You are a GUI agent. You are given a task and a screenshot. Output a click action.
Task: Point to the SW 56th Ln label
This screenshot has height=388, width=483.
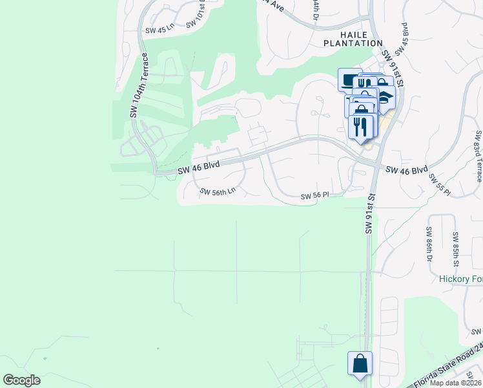coord(218,191)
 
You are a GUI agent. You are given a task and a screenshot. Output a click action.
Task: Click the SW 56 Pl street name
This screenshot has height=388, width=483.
coord(315,196)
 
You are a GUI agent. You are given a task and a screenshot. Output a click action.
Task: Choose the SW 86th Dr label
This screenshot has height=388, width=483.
coord(429,244)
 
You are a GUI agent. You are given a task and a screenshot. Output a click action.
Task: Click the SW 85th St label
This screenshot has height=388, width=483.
coord(455,249)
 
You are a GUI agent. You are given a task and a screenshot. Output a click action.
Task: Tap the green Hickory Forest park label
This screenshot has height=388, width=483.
coord(460,279)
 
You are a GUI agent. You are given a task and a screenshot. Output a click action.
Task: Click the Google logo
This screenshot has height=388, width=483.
coord(21,380)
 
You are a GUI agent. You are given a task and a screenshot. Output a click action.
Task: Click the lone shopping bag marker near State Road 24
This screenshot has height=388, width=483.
coord(360,363)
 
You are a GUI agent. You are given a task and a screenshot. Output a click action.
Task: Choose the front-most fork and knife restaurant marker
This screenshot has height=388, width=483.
coord(361,125)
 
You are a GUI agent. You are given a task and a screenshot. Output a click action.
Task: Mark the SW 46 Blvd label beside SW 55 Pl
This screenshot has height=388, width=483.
coord(407,170)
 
